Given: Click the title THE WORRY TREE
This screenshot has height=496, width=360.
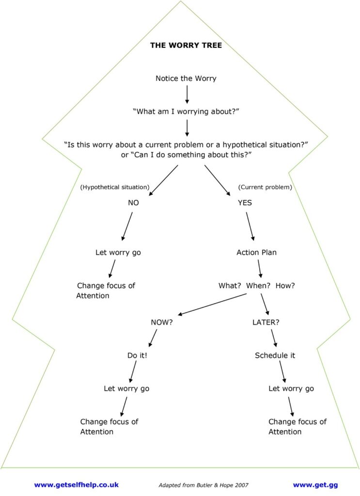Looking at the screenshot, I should point(186,46).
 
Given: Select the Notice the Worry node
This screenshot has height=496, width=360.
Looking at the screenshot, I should point(186,78).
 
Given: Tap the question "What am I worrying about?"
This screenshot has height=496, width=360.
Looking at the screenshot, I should point(186,111).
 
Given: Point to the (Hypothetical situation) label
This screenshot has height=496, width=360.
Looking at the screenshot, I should point(114,187).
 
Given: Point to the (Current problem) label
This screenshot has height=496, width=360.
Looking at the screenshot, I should point(265,187).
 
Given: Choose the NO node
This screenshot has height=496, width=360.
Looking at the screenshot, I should point(133,203).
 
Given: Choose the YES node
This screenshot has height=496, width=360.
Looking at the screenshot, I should point(245,203).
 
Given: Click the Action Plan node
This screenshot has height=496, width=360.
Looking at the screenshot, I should point(256,252).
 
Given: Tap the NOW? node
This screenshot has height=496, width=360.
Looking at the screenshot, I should point(162,322).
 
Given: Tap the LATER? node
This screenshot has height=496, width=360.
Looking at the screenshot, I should point(266,322).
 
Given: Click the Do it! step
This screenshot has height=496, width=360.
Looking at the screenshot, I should point(137,355).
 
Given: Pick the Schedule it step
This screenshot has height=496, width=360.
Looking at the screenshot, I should point(275,355).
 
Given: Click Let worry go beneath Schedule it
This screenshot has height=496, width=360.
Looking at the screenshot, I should point(291,388).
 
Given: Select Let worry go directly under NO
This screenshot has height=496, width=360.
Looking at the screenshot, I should point(118,252).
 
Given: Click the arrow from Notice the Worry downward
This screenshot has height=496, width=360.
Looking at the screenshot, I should point(187,94).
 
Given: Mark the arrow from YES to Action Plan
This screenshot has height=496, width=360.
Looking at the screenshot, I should point(250,227).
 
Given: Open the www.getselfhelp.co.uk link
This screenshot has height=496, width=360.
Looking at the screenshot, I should point(76,484).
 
